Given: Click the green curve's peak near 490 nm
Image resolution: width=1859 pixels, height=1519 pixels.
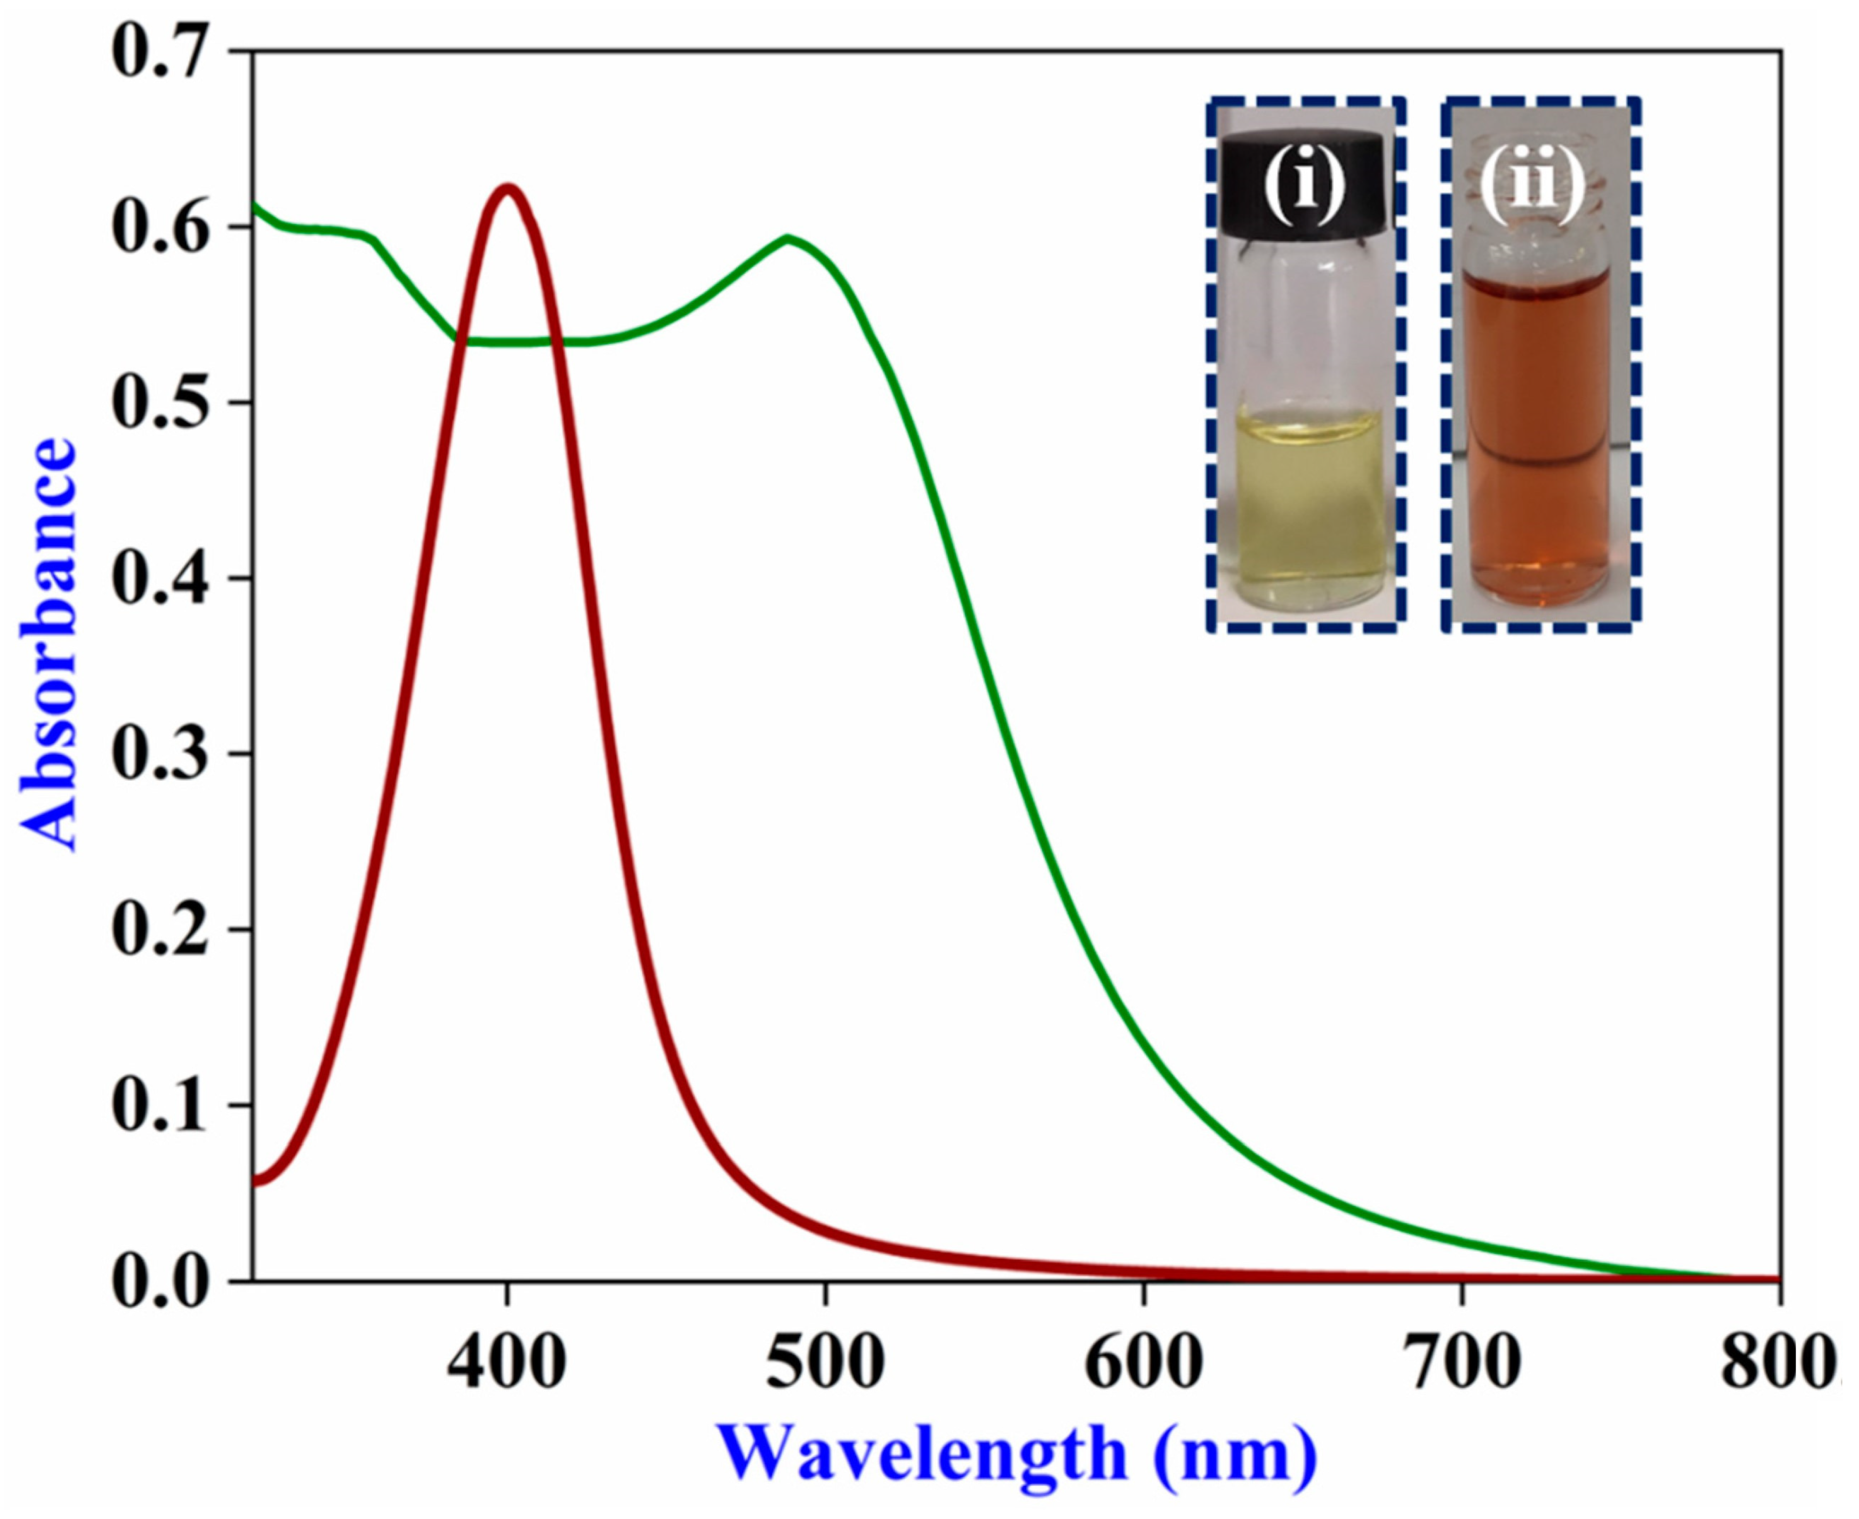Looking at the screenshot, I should [788, 238].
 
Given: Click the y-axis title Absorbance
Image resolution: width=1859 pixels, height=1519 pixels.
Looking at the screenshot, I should [48, 643].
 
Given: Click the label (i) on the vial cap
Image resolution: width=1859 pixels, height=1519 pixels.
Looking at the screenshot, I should [1304, 186].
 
